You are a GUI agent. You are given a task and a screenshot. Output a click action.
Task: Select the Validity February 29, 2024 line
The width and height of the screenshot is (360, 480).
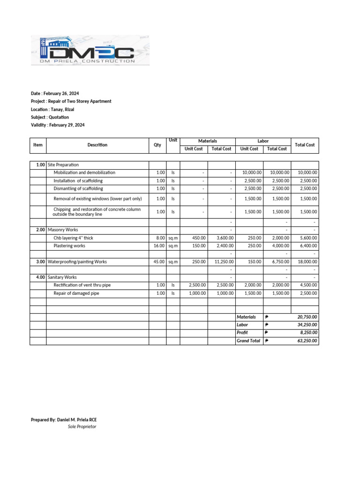[x=58, y=125]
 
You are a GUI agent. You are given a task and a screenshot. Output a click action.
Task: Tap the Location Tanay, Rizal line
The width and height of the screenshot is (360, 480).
[x=52, y=109]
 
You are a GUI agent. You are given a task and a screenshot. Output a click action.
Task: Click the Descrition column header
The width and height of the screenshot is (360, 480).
[x=97, y=145]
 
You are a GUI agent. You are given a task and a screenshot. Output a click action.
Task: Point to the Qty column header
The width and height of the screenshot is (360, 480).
[x=157, y=145]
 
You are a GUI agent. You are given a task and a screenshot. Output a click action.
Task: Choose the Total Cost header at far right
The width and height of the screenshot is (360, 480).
[x=304, y=145]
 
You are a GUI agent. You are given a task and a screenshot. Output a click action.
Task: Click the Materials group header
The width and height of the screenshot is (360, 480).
[x=207, y=141]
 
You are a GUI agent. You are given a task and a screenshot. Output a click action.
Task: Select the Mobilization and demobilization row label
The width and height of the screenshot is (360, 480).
[x=84, y=172]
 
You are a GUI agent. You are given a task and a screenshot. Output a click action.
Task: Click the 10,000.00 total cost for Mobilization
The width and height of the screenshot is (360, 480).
[x=307, y=172]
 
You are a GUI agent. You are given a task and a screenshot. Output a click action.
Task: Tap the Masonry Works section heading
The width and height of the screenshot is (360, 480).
[x=63, y=230]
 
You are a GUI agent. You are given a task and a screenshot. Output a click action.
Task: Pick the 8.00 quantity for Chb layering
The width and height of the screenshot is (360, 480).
[x=161, y=238]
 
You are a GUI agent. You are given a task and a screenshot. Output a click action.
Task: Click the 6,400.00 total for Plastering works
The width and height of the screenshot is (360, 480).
[x=307, y=246]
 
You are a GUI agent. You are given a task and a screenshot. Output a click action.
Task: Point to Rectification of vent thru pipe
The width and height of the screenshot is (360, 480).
[x=82, y=285]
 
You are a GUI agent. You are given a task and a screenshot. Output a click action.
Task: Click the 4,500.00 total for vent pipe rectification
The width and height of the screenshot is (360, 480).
[x=307, y=285]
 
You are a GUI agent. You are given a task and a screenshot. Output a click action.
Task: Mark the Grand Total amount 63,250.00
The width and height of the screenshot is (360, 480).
[x=307, y=341]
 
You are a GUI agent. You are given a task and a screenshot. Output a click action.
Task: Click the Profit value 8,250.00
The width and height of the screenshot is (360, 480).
[x=308, y=333]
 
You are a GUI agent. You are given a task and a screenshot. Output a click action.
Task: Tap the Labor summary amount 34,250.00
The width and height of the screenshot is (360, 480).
[x=307, y=325]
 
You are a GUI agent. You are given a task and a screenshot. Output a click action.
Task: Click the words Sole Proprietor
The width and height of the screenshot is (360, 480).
[x=82, y=427]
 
